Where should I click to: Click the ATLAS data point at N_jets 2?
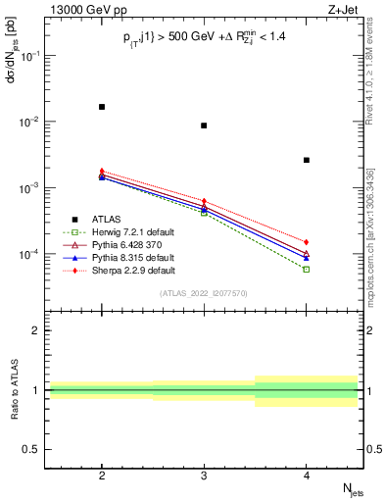point(102,106)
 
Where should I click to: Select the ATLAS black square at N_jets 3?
point(204,125)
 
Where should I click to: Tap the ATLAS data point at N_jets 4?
point(307,160)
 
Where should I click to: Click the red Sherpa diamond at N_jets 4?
point(307,241)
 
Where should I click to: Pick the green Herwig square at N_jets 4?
point(307,269)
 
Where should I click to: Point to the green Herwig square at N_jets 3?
point(204,212)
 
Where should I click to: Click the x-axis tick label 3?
point(204,474)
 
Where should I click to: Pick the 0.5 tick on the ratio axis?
point(33,449)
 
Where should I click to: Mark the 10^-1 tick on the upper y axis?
point(31,56)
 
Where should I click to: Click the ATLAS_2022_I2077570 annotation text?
point(204,293)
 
